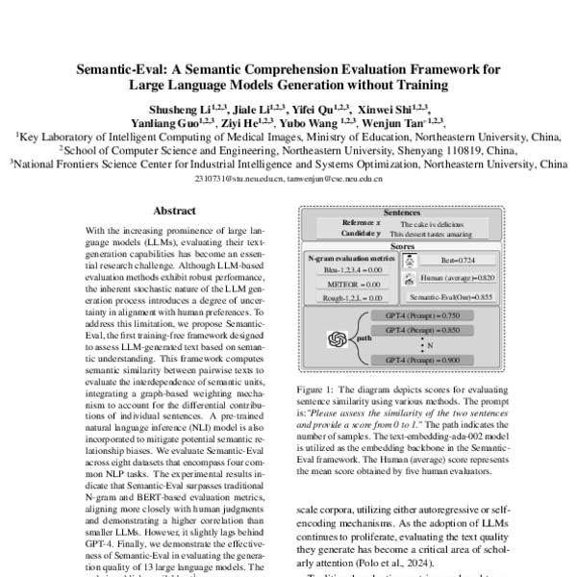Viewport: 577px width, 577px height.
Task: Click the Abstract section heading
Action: [173, 210]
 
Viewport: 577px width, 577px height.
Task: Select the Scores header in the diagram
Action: [401, 246]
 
